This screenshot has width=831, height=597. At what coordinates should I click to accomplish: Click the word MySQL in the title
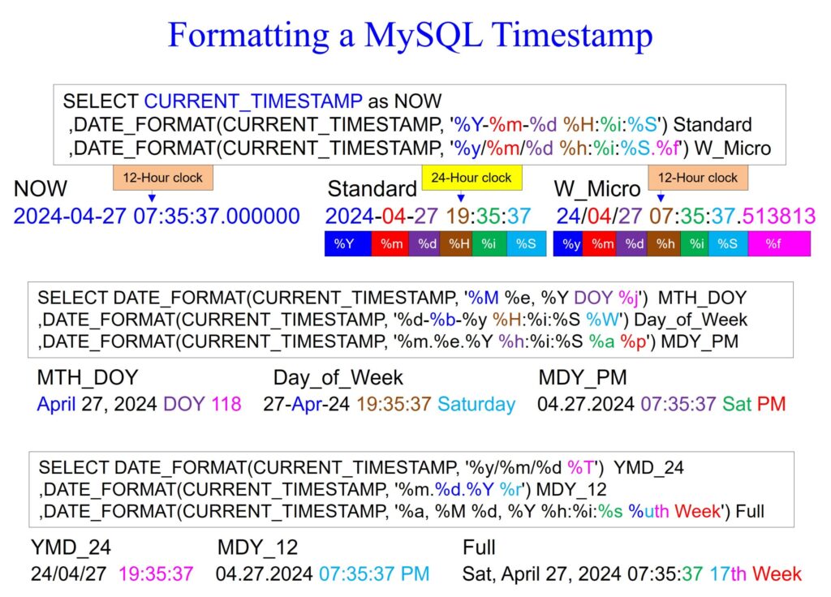pyautogui.click(x=424, y=36)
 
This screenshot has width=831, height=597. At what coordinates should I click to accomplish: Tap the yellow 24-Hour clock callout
pyautogui.click(x=471, y=178)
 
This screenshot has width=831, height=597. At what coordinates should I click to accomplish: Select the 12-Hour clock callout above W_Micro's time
pyautogui.click(x=698, y=178)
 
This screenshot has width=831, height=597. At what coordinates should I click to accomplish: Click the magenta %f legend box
pyautogui.click(x=779, y=243)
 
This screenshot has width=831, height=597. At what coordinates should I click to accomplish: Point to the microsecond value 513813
pyautogui.click(x=778, y=216)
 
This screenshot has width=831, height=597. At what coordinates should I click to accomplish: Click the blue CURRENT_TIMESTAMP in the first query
pyautogui.click(x=253, y=101)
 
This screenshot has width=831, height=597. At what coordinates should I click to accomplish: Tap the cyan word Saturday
pyautogui.click(x=476, y=404)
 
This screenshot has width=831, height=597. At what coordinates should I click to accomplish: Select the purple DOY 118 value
pyautogui.click(x=202, y=404)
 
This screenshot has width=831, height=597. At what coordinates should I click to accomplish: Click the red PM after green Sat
pyautogui.click(x=771, y=404)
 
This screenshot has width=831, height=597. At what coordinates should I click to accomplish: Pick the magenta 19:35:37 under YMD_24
pyautogui.click(x=156, y=573)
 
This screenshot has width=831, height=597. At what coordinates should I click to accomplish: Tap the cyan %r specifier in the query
pyautogui.click(x=510, y=489)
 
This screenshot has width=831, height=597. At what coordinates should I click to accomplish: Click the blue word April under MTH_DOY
pyautogui.click(x=57, y=405)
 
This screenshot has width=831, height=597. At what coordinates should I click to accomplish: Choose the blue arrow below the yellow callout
pyautogui.click(x=461, y=196)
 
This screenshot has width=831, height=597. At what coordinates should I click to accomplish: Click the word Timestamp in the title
pyautogui.click(x=572, y=36)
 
